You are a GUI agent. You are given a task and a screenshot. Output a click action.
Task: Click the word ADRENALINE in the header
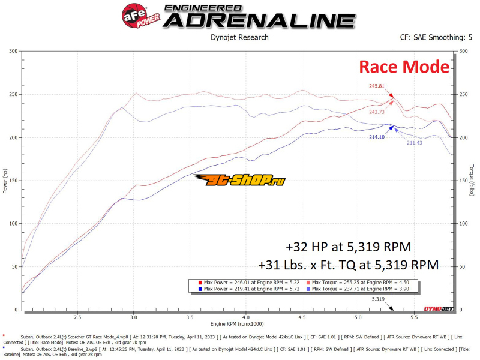click(x=259, y=20)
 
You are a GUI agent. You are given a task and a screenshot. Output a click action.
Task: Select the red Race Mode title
click(x=404, y=66)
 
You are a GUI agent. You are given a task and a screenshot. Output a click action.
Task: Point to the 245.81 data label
click(x=376, y=86)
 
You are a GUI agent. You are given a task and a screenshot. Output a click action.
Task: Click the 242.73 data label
click(x=377, y=112)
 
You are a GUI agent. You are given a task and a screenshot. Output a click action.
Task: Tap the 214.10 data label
click(x=376, y=137)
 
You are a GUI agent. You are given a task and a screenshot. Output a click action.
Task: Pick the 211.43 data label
click(x=415, y=142)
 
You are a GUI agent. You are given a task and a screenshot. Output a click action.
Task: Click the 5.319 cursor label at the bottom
click(x=378, y=298)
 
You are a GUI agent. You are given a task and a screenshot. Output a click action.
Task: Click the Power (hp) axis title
click(x=5, y=181)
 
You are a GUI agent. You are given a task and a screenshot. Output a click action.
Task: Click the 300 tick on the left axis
click(x=13, y=51)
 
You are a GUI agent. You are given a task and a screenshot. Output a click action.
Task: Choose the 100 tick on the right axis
click(x=463, y=223)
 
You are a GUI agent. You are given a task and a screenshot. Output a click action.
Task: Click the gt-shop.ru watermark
click(x=243, y=180)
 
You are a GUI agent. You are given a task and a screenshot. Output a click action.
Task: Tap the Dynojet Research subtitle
click(x=239, y=37)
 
